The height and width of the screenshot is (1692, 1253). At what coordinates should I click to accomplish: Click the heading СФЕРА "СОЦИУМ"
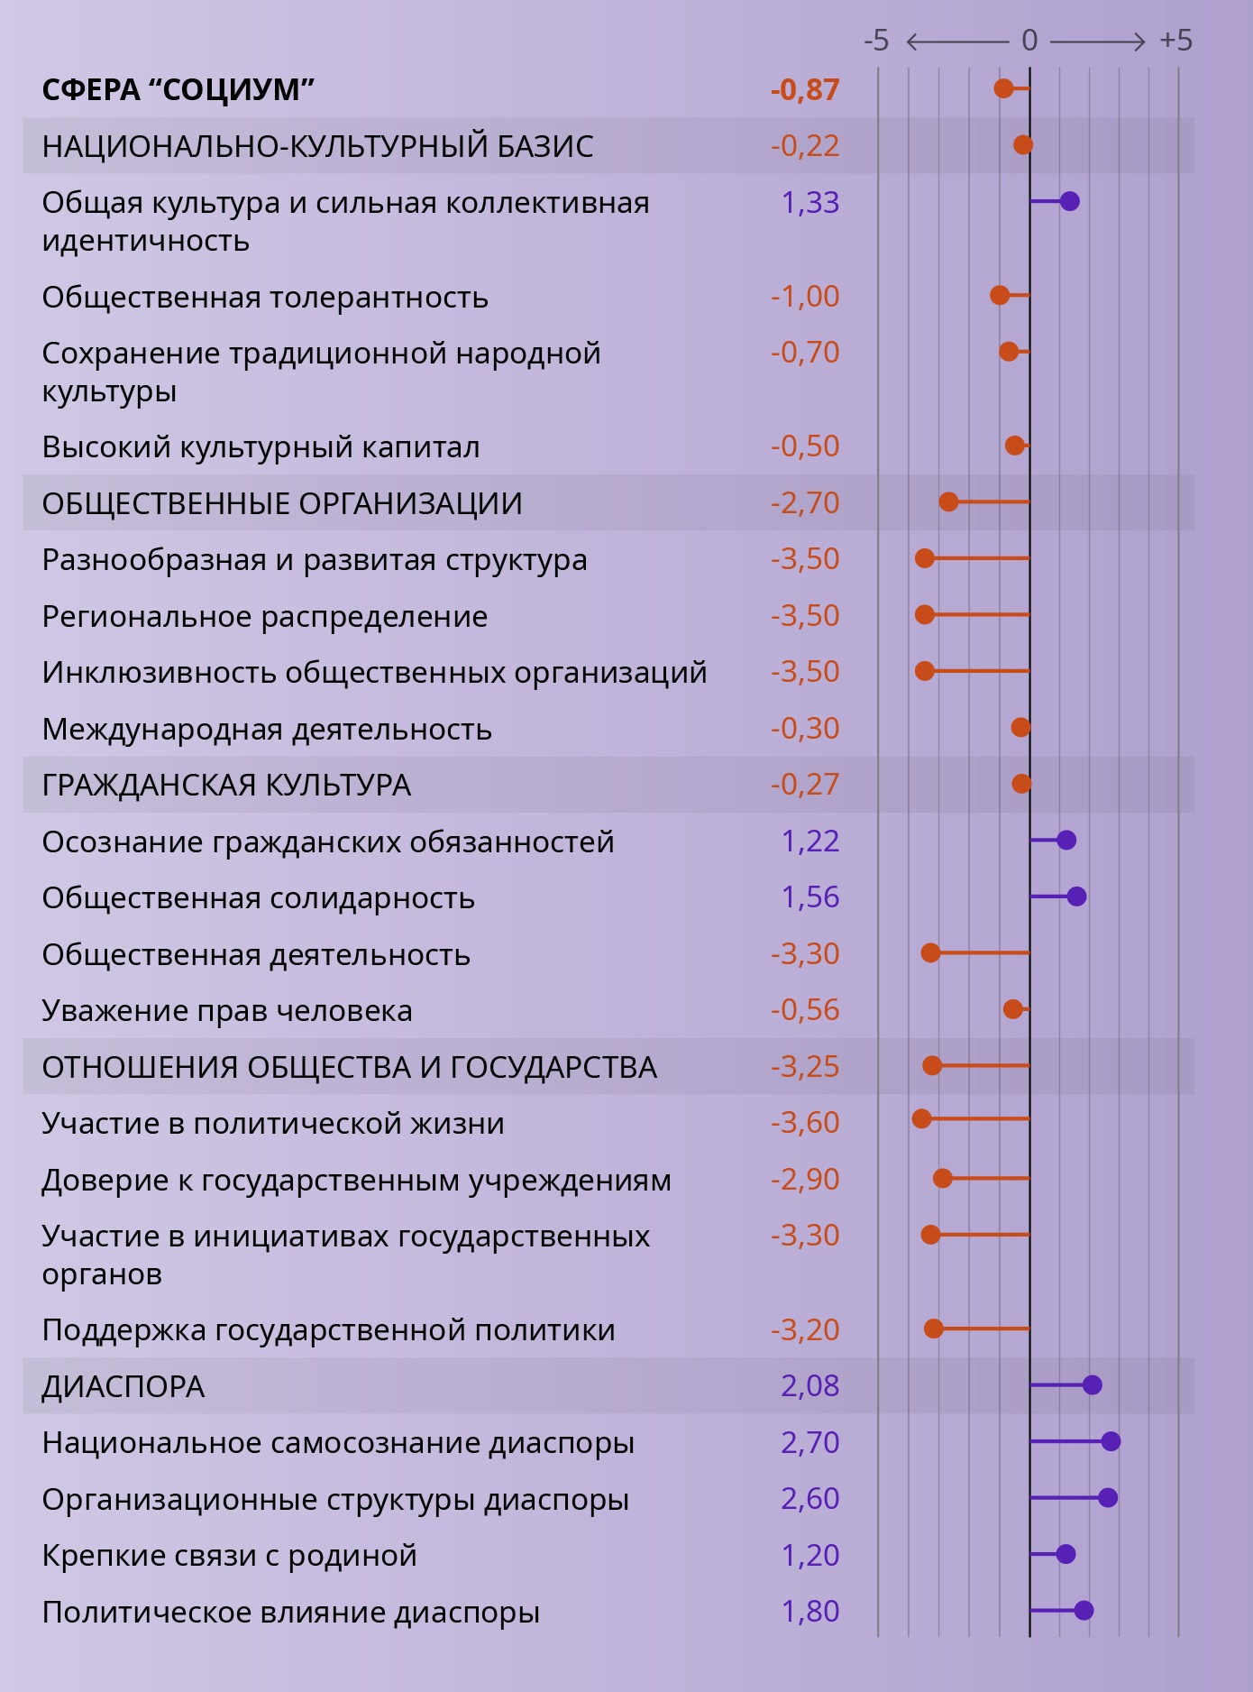coord(178,90)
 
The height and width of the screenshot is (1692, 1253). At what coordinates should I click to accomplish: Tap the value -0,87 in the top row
coord(805,90)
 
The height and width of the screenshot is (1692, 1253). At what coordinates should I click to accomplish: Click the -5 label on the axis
coord(876,41)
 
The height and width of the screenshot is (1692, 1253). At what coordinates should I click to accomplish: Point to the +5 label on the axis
coord(1175,41)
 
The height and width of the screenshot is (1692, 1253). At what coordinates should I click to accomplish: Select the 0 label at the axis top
coord(1029,41)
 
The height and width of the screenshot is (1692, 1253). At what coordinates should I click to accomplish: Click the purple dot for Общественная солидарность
coord(1076,897)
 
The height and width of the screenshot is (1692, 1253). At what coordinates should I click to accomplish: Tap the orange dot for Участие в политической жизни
coord(921,1119)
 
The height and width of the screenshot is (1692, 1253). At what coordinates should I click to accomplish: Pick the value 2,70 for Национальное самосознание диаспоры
coord(809,1442)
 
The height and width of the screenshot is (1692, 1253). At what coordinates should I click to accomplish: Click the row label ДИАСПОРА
coord(123,1386)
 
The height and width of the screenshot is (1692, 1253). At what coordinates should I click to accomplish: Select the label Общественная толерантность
coord(265,298)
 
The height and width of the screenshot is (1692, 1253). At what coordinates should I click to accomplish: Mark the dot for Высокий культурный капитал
coord(1015,446)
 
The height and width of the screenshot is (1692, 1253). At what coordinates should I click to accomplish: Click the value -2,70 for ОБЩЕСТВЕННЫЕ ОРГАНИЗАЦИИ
coord(805,503)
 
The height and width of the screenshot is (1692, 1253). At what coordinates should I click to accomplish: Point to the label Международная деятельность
coord(267,729)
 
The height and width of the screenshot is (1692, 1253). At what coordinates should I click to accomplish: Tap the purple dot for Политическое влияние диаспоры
coord(1084,1611)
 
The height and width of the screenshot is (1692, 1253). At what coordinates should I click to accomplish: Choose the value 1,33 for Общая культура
coord(809,203)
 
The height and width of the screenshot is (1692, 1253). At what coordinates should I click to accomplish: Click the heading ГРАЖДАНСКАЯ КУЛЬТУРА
coord(226,786)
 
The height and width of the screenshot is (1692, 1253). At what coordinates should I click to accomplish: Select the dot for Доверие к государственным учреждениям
coord(943,1178)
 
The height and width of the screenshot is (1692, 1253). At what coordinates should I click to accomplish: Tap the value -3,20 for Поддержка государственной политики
coord(805,1329)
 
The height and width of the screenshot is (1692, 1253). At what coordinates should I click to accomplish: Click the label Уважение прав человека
coord(227,1011)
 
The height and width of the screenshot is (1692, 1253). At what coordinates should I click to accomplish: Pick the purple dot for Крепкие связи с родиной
coord(1066,1554)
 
